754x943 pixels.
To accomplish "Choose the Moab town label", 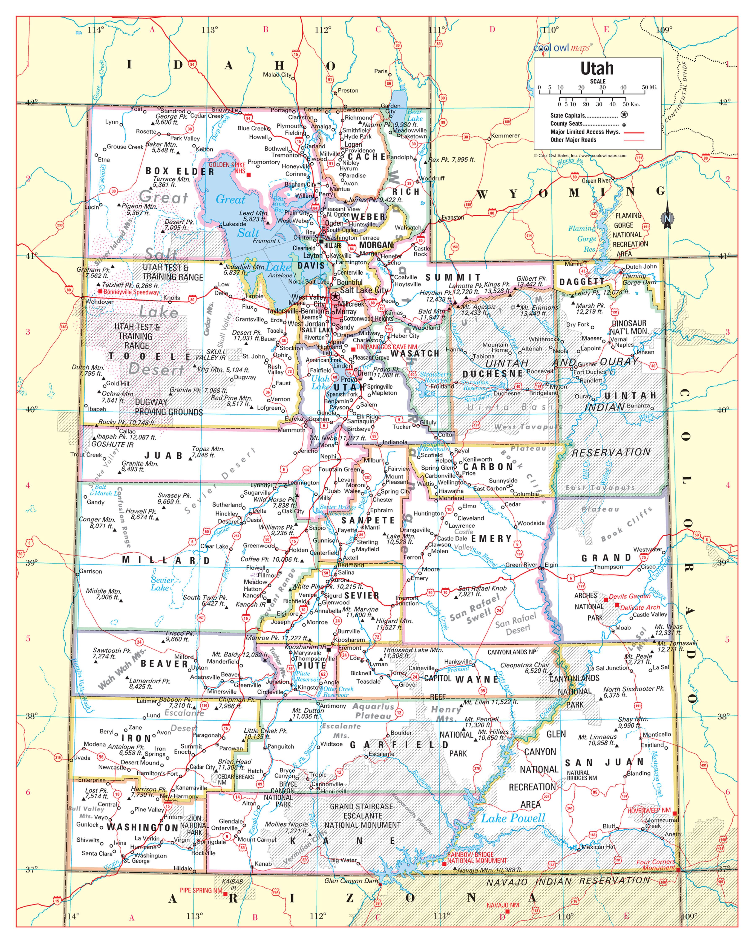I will (x=623, y=628).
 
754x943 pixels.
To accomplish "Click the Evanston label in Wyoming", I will (x=452, y=217).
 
